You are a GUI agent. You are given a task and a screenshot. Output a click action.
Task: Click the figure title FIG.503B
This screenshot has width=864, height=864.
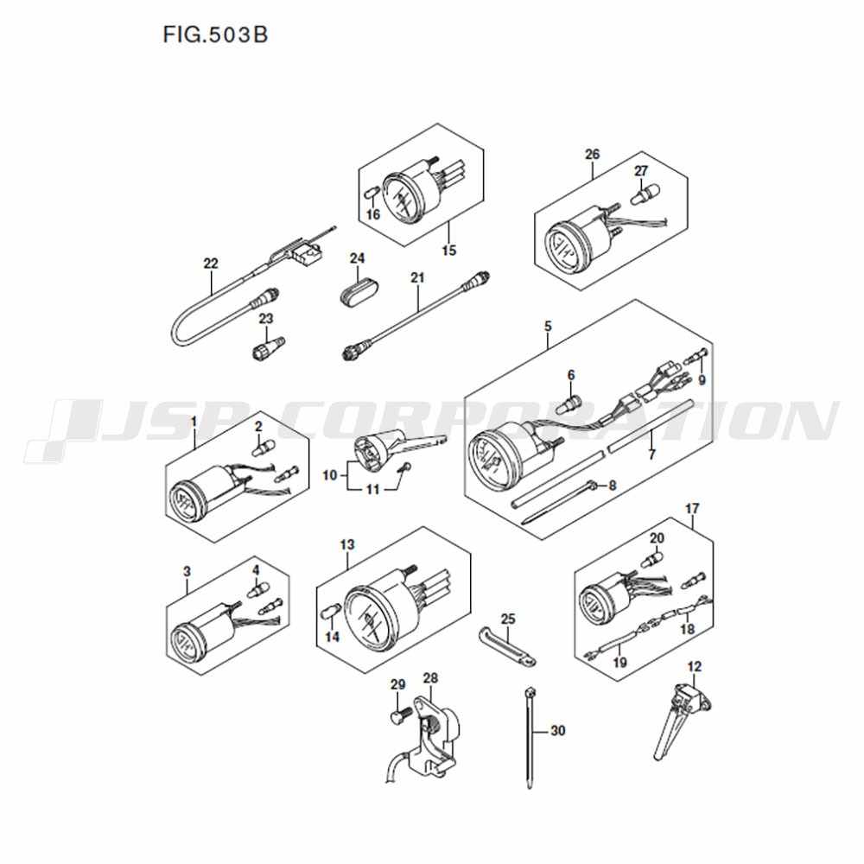[x=215, y=35]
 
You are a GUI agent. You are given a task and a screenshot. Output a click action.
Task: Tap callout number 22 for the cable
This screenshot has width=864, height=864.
[x=211, y=264]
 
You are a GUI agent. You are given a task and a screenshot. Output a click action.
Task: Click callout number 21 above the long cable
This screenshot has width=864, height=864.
[x=417, y=277]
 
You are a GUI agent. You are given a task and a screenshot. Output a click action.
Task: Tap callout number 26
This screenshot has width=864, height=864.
[x=593, y=155]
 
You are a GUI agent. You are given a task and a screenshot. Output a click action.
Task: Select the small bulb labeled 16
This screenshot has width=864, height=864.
[x=372, y=194]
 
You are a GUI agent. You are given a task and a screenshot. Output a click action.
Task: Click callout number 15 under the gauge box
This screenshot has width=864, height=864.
[x=449, y=251]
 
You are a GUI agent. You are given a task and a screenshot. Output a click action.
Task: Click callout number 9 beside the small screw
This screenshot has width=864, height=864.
[x=702, y=380]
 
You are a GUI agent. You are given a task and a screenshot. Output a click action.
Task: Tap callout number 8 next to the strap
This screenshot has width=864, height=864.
[x=612, y=486]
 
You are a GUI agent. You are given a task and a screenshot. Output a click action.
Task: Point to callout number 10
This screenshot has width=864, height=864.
[x=329, y=475]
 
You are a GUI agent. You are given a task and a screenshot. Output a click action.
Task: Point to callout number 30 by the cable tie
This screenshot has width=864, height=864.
[x=558, y=731]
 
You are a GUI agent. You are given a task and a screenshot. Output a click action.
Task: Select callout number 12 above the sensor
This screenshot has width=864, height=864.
[x=695, y=666]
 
